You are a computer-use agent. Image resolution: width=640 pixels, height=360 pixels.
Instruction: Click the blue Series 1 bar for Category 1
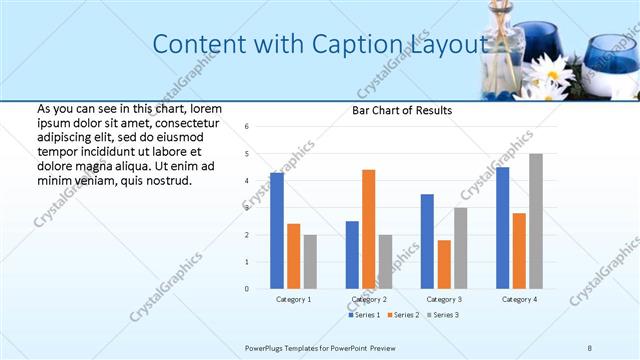[x=277, y=231]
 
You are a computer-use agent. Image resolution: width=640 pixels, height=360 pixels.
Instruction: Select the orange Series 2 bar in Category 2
[x=368, y=229]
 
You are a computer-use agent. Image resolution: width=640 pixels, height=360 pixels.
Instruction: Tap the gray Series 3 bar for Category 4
[x=536, y=221]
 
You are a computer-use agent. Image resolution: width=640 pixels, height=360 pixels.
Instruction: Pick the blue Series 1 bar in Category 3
[x=427, y=241]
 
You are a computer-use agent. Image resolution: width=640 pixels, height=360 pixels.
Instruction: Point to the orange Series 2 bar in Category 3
[x=444, y=264]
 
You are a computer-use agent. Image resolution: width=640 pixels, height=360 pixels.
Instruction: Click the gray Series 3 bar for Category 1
[x=310, y=262]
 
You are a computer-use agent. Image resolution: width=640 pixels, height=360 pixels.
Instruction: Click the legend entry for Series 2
[x=405, y=315]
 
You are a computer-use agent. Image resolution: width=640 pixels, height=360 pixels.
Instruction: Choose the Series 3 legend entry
[x=444, y=315]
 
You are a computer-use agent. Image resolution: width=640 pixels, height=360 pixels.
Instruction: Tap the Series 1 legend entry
[x=365, y=315]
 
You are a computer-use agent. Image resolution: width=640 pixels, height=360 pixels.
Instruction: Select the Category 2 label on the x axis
[x=369, y=299]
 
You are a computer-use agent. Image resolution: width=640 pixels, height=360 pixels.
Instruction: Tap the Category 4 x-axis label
[x=519, y=299]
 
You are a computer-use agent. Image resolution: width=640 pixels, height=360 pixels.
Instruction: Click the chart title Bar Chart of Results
[x=402, y=110]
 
